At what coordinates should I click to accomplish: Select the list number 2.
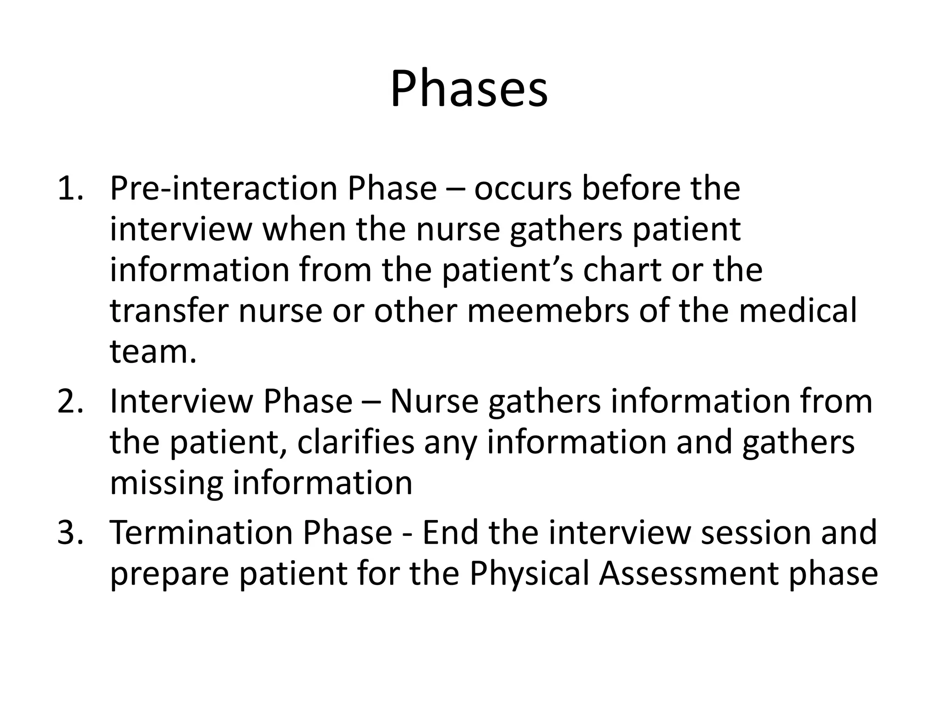pos(70,401)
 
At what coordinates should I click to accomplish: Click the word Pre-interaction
pos(223,189)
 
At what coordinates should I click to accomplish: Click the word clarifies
pos(356,442)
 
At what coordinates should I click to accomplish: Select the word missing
pos(166,483)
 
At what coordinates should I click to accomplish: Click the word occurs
pos(523,189)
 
